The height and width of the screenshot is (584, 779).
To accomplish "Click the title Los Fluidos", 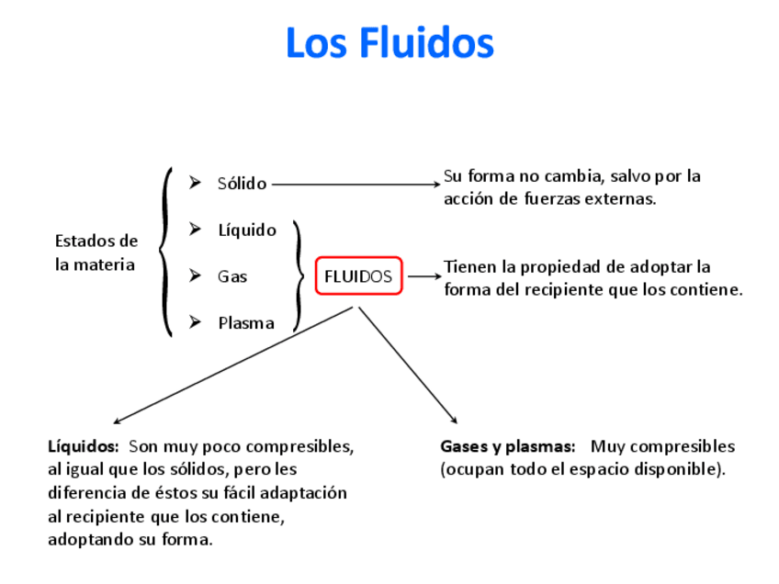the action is [x=389, y=43].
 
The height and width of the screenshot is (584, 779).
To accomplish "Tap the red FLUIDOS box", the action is [x=358, y=275].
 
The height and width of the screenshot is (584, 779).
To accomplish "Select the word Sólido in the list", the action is [x=242, y=184].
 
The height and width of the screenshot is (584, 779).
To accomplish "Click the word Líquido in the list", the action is [x=246, y=230].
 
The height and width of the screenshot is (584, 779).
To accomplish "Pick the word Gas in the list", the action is [x=232, y=276].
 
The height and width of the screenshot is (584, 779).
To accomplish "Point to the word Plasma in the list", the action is [x=245, y=322].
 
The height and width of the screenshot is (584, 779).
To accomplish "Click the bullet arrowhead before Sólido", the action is [x=195, y=183].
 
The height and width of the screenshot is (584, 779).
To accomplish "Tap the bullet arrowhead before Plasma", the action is [x=195, y=321].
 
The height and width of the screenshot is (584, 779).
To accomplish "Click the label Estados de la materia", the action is [x=96, y=253].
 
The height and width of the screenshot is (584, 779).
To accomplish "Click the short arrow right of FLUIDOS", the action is [x=423, y=275].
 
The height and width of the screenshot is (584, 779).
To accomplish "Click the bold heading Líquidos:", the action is [x=83, y=447].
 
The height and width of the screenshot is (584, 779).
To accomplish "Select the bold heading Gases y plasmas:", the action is [x=507, y=447].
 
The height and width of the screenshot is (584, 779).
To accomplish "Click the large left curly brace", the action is [x=165, y=252].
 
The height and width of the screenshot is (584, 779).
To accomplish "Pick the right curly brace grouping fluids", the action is [x=298, y=275].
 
